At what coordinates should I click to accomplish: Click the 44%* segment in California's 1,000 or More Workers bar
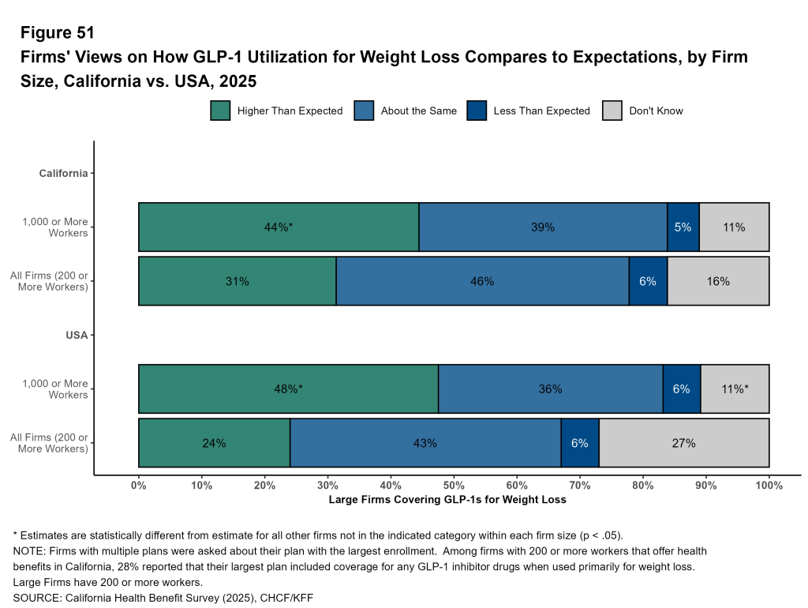point(279,227)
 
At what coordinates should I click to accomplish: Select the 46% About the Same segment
point(482,281)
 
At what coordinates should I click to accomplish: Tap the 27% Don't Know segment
point(683,443)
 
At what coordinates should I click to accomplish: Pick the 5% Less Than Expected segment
point(683,227)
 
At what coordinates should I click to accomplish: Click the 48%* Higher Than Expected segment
point(288,389)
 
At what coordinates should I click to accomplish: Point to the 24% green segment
point(214,443)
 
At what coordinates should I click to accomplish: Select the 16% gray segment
point(718,281)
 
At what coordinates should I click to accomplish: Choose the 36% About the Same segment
point(550,389)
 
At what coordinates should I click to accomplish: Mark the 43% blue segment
point(425,443)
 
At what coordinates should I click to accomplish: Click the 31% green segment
point(238,281)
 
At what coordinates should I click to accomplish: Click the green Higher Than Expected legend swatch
point(220,111)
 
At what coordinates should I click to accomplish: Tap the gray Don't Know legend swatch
point(612,111)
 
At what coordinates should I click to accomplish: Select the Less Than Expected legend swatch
point(477,111)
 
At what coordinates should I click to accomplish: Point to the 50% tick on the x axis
point(454,476)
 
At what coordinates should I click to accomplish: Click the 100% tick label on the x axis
point(769,486)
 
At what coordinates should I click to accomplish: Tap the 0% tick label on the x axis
point(139,486)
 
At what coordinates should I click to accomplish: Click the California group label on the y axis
point(64,173)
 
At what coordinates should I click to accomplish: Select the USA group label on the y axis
point(77,335)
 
